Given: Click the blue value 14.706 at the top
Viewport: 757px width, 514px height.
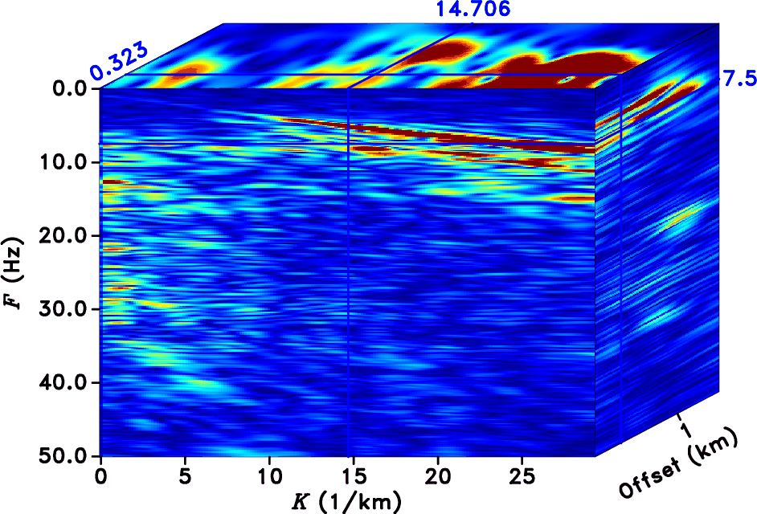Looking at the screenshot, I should click(x=473, y=10).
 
